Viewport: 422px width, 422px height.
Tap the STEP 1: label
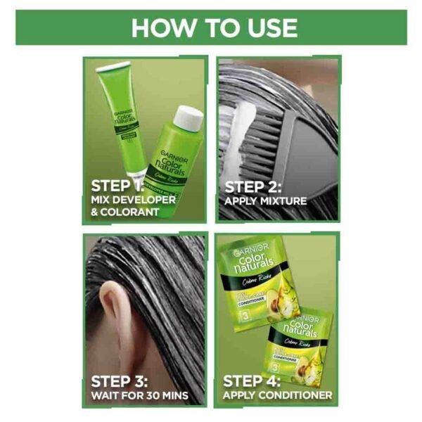point(117,186)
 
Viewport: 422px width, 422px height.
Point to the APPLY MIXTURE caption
point(265,201)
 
